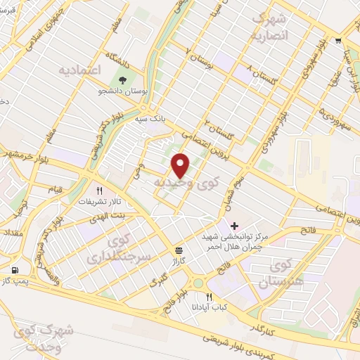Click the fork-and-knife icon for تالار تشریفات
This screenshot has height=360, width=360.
coord(100,191)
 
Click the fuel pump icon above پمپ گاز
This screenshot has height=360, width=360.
coord(15,270)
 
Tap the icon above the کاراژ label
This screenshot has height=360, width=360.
coord(179,250)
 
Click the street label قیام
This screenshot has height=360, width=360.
coord(54,191)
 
